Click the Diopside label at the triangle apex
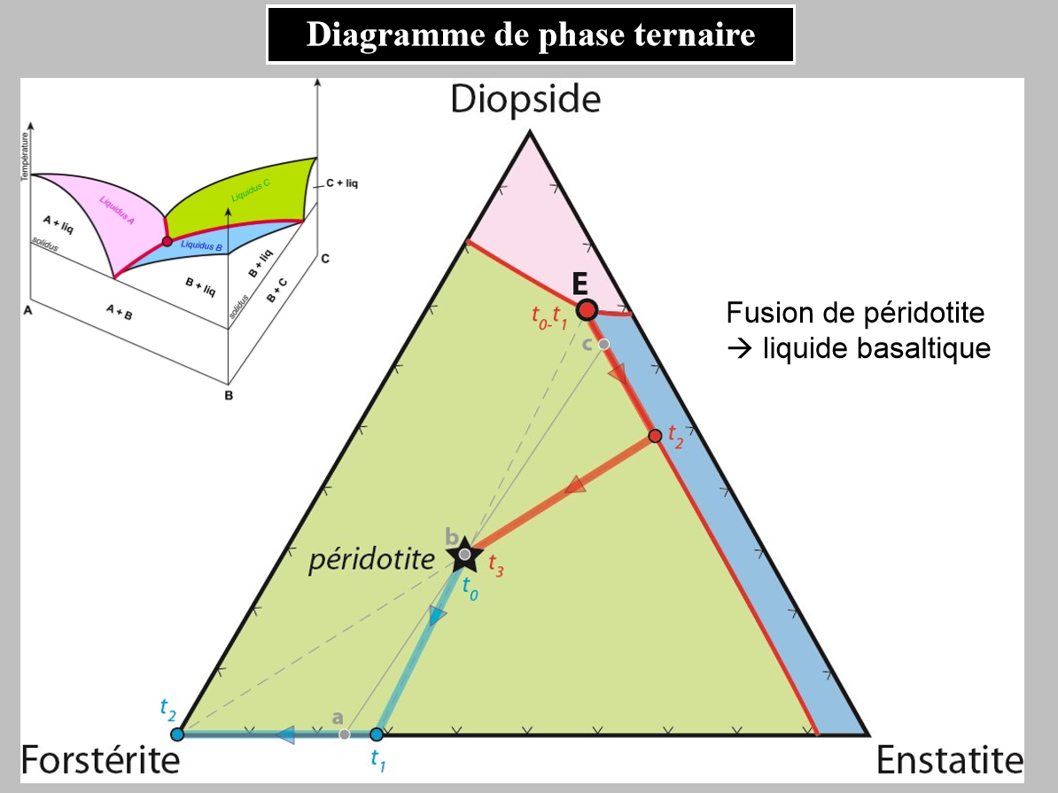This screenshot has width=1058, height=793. click(x=525, y=99)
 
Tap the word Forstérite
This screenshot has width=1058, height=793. click(x=100, y=761)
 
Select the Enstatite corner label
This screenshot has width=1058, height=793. click(x=949, y=761)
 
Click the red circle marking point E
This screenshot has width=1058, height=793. click(x=587, y=309)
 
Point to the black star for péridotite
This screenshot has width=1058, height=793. click(x=463, y=556)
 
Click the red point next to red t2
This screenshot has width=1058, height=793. click(x=655, y=436)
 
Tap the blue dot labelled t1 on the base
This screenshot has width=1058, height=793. click(x=376, y=734)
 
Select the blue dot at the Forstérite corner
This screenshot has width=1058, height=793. click(x=176, y=734)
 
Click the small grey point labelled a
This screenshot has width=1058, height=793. click(x=345, y=734)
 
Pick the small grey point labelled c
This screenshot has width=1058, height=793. click(x=603, y=344)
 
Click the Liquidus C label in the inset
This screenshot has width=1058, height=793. click(x=251, y=188)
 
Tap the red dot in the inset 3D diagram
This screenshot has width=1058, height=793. click(x=167, y=241)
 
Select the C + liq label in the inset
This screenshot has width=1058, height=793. click(x=342, y=184)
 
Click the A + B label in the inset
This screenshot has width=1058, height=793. click(x=119, y=310)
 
